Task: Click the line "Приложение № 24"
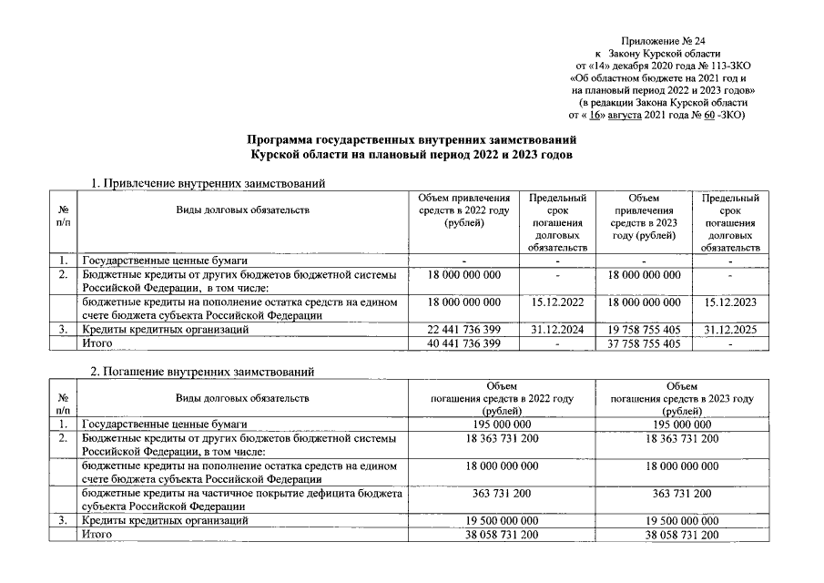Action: click(x=663, y=42)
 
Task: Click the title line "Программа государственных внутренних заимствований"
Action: click(x=412, y=141)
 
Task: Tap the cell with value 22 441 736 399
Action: click(x=463, y=328)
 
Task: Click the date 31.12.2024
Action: click(x=555, y=328)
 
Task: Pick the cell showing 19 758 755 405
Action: click(x=643, y=328)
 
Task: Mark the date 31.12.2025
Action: click(x=730, y=328)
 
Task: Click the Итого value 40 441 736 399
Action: click(x=463, y=343)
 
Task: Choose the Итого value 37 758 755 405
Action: click(x=643, y=343)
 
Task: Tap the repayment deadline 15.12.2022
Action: click(x=555, y=302)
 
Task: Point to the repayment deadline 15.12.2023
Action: click(x=730, y=302)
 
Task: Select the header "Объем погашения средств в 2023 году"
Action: click(x=682, y=398)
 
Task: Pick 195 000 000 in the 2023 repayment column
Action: click(x=682, y=424)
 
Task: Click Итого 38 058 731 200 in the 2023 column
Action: click(x=682, y=535)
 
